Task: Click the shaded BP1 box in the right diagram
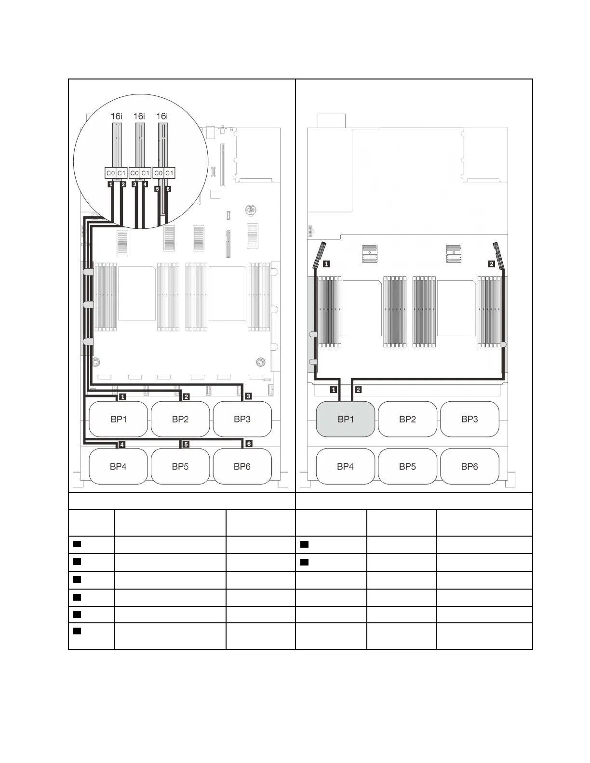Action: coord(345,419)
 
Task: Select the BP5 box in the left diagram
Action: coord(180,466)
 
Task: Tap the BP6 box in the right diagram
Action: coord(469,466)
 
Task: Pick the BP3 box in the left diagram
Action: coord(242,419)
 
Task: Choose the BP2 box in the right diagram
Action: coord(407,419)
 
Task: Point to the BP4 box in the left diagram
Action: coord(118,466)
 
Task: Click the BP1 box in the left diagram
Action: coord(119,419)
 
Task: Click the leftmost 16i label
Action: coord(116,116)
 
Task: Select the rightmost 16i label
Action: coord(162,116)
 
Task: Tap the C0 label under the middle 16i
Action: coord(134,173)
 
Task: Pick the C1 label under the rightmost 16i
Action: coord(169,173)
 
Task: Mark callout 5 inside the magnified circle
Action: coord(158,189)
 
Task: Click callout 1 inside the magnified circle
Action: coord(111,184)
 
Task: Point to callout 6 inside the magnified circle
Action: coord(168,189)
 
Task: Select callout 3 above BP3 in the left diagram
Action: coord(248,396)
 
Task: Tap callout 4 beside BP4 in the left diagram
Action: coord(122,445)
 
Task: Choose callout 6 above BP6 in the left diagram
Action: coord(249,444)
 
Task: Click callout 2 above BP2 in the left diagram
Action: coord(186,397)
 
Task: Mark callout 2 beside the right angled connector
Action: coord(491,264)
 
